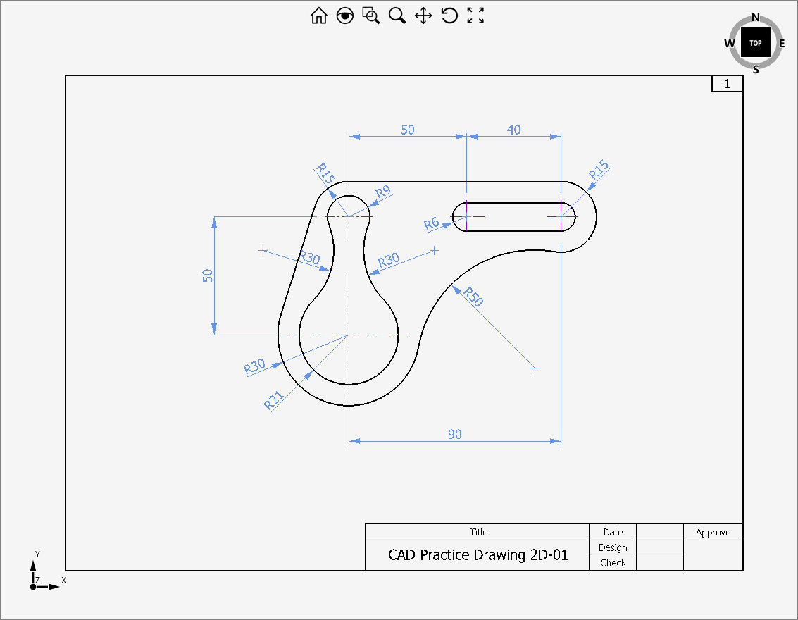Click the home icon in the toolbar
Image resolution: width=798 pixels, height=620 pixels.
pyautogui.click(x=319, y=16)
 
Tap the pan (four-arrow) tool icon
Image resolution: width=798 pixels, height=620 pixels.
pyautogui.click(x=423, y=16)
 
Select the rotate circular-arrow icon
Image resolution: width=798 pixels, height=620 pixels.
pyautogui.click(x=449, y=16)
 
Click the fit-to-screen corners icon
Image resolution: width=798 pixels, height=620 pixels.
pyautogui.click(x=476, y=16)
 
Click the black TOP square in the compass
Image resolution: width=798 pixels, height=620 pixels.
pyautogui.click(x=755, y=43)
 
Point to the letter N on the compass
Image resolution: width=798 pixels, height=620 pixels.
pyautogui.click(x=756, y=18)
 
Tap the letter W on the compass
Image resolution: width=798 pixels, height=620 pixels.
pyautogui.click(x=730, y=44)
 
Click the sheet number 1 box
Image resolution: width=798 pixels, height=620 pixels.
pyautogui.click(x=728, y=84)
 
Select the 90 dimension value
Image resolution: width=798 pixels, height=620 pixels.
pyautogui.click(x=455, y=434)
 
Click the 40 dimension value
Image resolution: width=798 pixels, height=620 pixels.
pyautogui.click(x=514, y=130)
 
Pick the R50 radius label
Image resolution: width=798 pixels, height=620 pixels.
pyautogui.click(x=473, y=297)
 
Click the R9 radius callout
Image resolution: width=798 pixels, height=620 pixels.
pyautogui.click(x=382, y=192)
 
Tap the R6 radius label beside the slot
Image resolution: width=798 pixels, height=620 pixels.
pyautogui.click(x=432, y=224)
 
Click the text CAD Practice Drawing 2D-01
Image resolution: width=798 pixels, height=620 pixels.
pyautogui.click(x=478, y=554)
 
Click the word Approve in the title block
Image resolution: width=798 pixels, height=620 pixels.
pyautogui.click(x=713, y=532)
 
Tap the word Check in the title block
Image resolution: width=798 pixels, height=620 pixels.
pyautogui.click(x=613, y=562)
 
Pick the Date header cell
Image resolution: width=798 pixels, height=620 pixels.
pyautogui.click(x=613, y=532)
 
